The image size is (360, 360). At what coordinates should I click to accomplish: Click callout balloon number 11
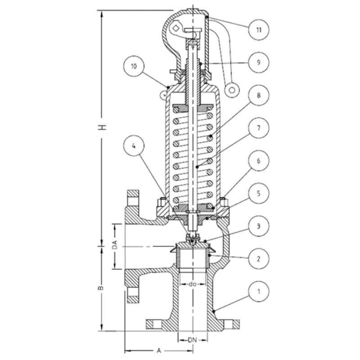tap(259, 30)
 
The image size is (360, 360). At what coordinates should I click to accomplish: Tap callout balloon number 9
tap(259, 63)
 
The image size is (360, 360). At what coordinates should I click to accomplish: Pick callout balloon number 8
tap(259, 96)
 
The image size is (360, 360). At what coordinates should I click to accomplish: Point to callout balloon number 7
tap(259, 128)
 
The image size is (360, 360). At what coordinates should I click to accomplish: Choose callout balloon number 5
tap(259, 193)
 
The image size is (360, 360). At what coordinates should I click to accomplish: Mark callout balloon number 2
tap(259, 259)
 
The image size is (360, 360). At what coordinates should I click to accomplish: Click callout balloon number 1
tap(259, 292)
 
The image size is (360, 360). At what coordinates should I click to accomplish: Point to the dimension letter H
tap(103, 127)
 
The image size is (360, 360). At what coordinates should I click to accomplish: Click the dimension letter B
tap(103, 287)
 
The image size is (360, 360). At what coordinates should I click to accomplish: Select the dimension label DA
tap(115, 246)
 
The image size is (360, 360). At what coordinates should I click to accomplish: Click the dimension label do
tap(193, 284)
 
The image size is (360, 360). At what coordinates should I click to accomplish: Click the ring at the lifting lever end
tap(232, 89)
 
